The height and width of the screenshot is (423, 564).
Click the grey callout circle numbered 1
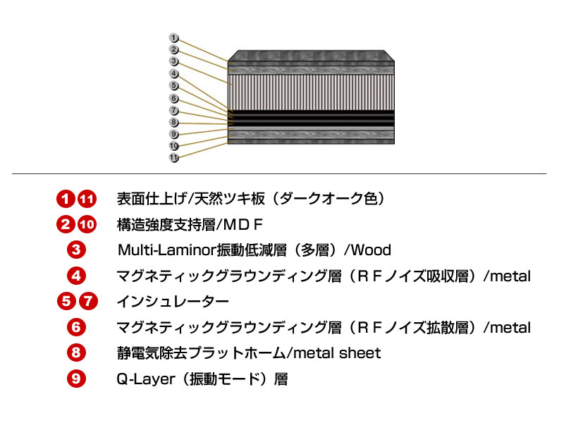(174, 37)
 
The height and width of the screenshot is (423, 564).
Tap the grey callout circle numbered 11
(174, 158)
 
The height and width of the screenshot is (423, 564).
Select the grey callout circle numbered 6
(174, 98)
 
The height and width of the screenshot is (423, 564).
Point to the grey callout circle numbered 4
(174, 73)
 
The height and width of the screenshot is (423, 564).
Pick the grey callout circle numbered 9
(174, 134)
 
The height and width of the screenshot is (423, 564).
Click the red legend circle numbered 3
(77, 250)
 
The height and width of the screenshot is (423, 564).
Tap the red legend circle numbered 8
(77, 353)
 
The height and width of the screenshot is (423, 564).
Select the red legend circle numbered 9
(77, 379)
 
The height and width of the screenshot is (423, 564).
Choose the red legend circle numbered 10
(86, 224)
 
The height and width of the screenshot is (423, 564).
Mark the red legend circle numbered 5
(66, 302)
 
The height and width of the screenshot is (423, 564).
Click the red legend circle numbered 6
(77, 327)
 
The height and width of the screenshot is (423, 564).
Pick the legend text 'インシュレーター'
(173, 302)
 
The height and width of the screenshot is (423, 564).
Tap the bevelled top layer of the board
(310, 56)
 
